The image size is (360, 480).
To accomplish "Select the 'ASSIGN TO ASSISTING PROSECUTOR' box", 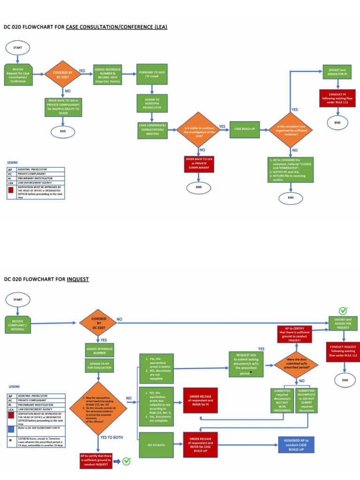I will (152, 104).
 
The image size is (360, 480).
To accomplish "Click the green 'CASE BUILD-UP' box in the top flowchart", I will (244, 129).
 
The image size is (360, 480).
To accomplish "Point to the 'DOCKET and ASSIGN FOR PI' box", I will (337, 73).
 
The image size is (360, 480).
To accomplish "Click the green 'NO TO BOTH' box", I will (156, 445).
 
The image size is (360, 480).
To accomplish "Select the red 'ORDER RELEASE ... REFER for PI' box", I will (200, 400).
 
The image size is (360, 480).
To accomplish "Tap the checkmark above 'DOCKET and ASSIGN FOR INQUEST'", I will (343, 311).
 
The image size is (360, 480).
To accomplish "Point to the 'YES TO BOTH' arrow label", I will (112, 437).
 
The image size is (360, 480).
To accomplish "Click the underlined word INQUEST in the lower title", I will (78, 279).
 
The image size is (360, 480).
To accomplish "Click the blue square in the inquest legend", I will (10, 429).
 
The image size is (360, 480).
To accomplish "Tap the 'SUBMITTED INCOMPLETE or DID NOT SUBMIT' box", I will (307, 400).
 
